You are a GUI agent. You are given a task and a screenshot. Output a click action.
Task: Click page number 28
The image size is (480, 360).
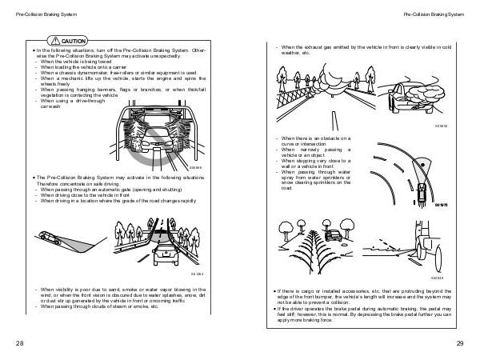[19, 342]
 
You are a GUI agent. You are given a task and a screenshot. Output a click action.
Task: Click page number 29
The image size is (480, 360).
[460, 342]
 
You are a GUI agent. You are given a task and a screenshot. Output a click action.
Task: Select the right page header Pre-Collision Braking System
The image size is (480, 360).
[434, 14]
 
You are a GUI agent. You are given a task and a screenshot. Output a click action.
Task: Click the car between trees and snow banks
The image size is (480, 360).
[330, 238]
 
